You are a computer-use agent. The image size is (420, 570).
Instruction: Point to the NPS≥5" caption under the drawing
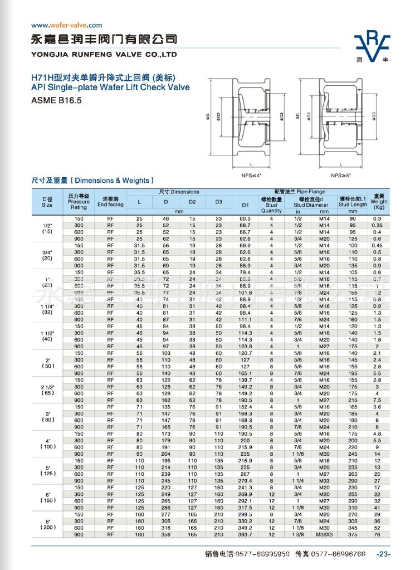[x=341, y=174]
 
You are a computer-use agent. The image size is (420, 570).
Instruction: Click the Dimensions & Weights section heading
[x=92, y=181]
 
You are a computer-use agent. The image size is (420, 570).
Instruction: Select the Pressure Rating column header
[x=79, y=202]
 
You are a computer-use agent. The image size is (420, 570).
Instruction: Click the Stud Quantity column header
[x=272, y=204]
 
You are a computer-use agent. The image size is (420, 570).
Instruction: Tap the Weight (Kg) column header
[x=379, y=202]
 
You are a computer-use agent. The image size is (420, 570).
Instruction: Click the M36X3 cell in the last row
[x=324, y=534]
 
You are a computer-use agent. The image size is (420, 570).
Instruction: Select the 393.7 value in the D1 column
[x=245, y=534]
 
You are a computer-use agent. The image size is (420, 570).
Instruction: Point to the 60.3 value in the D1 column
[x=245, y=218]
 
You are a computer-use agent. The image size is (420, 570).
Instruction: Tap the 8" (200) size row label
[x=47, y=524]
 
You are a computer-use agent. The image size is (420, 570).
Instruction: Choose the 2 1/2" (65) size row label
[x=47, y=389]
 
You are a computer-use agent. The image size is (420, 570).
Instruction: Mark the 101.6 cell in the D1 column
[x=245, y=293]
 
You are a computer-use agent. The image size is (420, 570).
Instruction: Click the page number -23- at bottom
[x=384, y=554]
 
